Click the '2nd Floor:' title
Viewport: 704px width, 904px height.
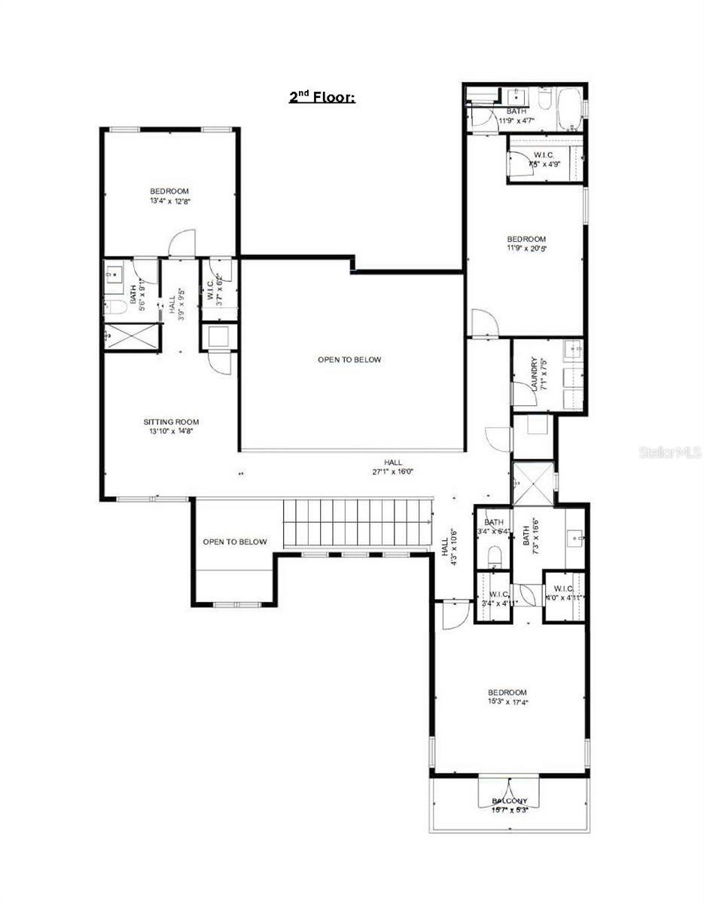click(322, 96)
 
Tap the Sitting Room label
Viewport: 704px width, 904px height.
click(171, 422)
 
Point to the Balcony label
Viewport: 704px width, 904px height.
click(510, 801)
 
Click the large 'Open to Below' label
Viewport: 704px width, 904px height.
click(349, 359)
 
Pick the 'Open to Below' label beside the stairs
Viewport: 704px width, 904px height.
click(234, 542)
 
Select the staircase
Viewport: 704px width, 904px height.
click(358, 525)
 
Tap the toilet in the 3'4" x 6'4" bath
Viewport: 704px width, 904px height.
click(494, 556)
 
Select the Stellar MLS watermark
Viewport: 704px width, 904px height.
click(669, 453)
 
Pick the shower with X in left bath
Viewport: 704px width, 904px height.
click(131, 335)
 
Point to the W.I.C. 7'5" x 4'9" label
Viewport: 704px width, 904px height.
click(543, 159)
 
